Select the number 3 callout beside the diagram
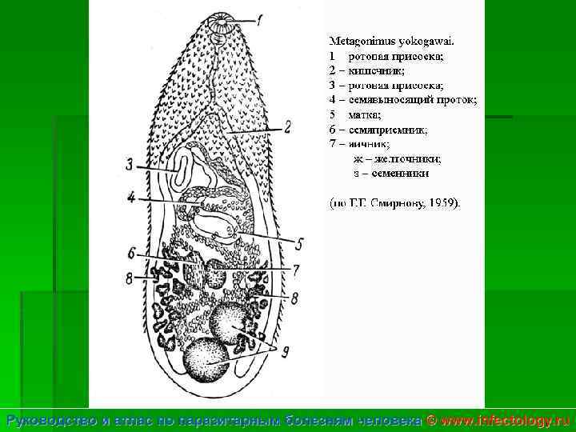click(130, 165)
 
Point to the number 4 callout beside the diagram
click(131, 196)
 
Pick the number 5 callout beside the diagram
click(299, 243)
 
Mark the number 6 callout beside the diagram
click(131, 253)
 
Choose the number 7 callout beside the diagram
click(295, 270)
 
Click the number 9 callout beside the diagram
click(285, 350)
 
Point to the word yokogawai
click(426, 40)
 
